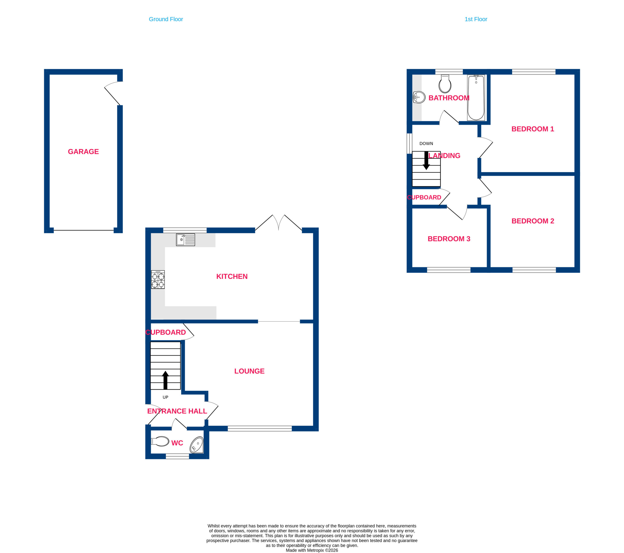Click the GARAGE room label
click(83, 151)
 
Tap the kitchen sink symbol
click(185, 240)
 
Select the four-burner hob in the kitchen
click(158, 279)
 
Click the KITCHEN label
click(232, 277)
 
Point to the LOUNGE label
click(249, 371)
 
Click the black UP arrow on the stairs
click(166, 380)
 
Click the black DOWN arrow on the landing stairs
click(426, 161)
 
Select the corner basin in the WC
click(197, 445)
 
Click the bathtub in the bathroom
click(476, 98)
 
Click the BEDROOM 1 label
click(533, 129)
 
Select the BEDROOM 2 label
click(533, 221)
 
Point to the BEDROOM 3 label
click(449, 239)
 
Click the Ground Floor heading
click(166, 19)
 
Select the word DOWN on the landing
click(426, 144)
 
